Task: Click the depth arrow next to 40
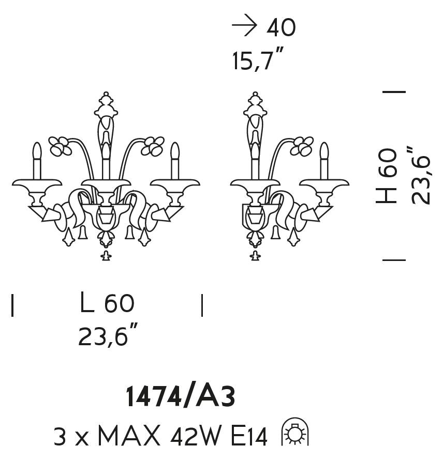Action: [244, 26]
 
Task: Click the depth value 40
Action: [280, 28]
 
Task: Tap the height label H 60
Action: [386, 176]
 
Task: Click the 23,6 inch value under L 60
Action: [108, 335]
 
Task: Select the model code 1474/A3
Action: [181, 397]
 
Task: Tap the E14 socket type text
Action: [249, 436]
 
